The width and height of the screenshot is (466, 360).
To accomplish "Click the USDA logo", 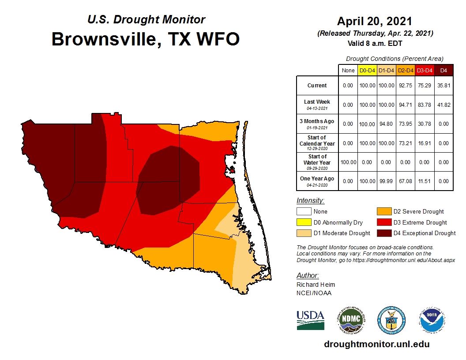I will [x=310, y=320].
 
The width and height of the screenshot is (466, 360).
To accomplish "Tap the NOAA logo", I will [x=432, y=320].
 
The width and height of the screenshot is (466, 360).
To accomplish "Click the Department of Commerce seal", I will [x=391, y=320].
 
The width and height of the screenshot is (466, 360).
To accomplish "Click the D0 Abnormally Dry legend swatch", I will [x=303, y=222].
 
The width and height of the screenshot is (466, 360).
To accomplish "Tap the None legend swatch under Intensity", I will [x=303, y=212].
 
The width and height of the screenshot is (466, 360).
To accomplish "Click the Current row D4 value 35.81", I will [x=443, y=86].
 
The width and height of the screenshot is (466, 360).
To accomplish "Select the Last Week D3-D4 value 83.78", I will [x=425, y=105].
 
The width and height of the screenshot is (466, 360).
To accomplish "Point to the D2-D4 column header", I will [x=406, y=70].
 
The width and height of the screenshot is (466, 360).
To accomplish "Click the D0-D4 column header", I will [x=367, y=70].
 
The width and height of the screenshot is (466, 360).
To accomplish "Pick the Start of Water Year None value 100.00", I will [x=348, y=162].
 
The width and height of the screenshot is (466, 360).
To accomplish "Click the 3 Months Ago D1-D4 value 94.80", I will [x=386, y=124].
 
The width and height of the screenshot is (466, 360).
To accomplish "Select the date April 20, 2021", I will [x=375, y=21].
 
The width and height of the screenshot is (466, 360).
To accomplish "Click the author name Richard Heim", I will [x=316, y=285].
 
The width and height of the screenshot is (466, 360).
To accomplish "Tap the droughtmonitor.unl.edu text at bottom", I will [x=376, y=344].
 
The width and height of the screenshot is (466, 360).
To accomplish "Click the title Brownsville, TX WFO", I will [x=146, y=39].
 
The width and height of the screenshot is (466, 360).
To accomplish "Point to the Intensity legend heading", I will [x=310, y=201].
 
